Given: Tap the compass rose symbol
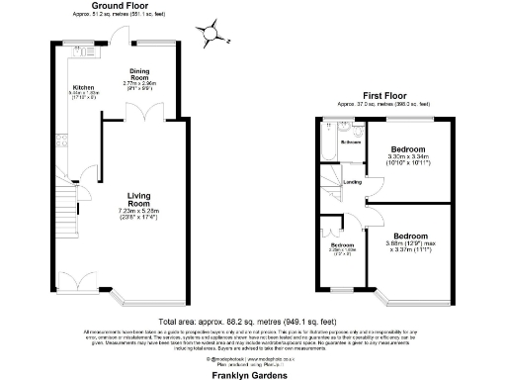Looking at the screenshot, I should click(x=211, y=34).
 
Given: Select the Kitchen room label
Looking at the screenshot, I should click(x=82, y=87).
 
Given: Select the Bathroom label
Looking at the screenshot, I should click(x=351, y=142).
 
